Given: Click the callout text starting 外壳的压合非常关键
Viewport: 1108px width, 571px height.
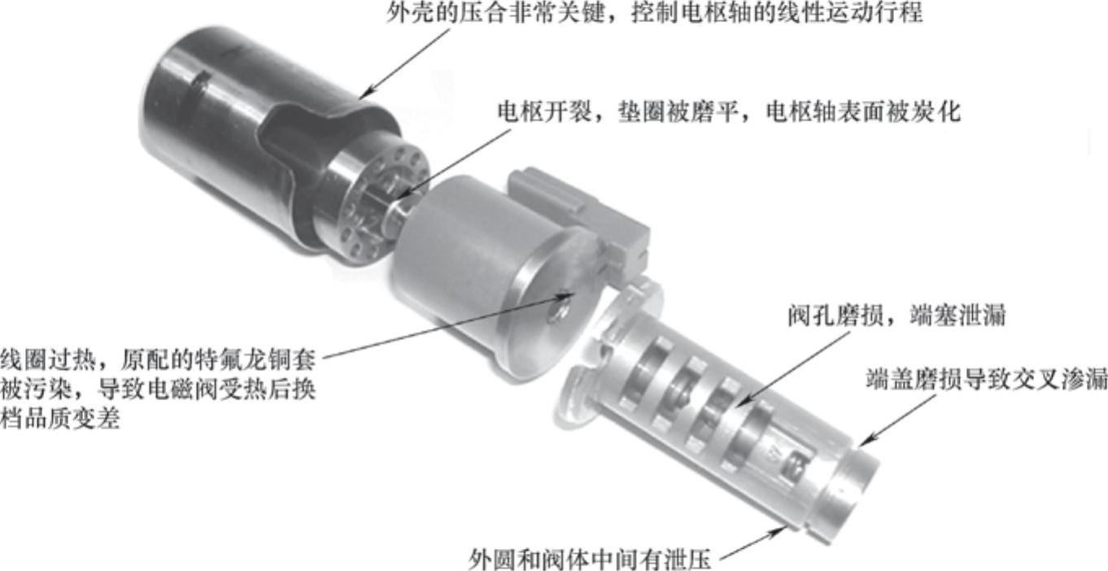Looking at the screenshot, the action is (654, 12).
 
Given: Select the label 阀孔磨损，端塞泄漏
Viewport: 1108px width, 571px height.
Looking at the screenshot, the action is (896, 316).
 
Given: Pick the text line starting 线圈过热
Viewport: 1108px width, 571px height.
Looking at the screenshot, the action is (158, 360).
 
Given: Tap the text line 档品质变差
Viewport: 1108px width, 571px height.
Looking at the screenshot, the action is (60, 420).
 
